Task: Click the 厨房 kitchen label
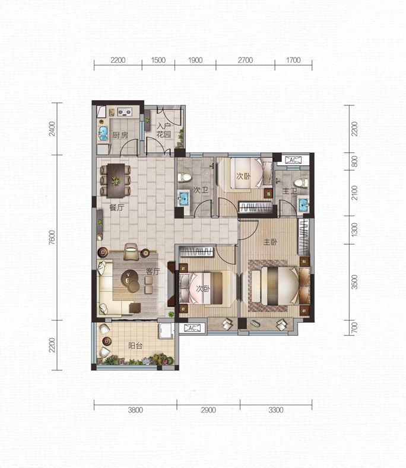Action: pos(120,136)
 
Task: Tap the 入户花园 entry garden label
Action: pos(164,130)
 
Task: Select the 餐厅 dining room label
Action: pos(116,207)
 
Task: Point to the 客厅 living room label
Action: pos(153,271)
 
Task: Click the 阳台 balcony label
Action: pos(135,345)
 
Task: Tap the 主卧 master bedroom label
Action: pos(270,242)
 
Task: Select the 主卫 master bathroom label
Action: pos(290,191)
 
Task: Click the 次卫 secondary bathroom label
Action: pos(201,190)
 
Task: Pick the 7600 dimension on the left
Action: pos(52,238)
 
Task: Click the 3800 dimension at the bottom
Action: pos(135,410)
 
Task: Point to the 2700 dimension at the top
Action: pos(246,60)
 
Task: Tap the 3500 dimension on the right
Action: pos(354,282)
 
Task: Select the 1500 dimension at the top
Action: pos(158,60)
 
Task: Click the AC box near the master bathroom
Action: pos(293,160)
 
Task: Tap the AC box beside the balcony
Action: pos(192,328)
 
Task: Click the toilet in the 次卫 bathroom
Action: pos(185,178)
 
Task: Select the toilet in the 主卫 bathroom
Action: pos(301,182)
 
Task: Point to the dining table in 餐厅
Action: pos(116,180)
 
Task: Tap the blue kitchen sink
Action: pos(103,133)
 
